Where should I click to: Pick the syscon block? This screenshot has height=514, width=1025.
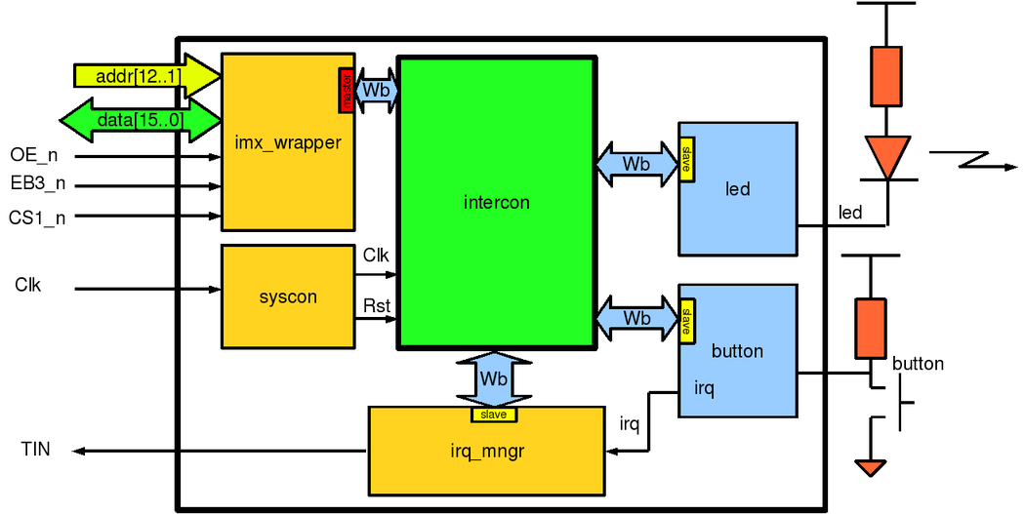[x=288, y=297]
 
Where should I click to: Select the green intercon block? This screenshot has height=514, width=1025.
[x=496, y=203]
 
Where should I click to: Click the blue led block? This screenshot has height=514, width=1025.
[x=738, y=188]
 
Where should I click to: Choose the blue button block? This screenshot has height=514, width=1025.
[x=738, y=351]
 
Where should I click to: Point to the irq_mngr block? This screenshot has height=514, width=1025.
[x=486, y=450]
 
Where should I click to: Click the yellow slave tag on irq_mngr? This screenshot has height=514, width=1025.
[x=494, y=415]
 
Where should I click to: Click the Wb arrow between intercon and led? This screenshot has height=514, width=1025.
[x=636, y=163]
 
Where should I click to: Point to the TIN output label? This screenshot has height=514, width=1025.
[x=35, y=450]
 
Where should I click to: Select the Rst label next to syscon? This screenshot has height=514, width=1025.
[x=377, y=306]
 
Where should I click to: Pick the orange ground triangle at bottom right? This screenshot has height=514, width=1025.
[x=871, y=467]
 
